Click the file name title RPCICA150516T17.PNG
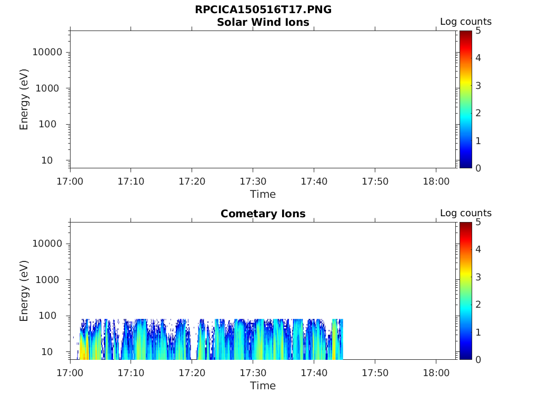[263, 9]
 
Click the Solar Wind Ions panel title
[263, 22]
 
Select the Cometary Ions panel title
[263, 214]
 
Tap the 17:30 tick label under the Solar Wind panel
[253, 181]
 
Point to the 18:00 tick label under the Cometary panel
[436, 372]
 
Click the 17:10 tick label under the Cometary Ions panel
[131, 372]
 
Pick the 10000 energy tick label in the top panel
[47, 52]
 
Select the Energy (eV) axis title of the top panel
[24, 99]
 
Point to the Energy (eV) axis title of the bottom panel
[24, 291]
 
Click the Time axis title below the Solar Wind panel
[263, 194]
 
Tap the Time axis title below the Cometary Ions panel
[263, 386]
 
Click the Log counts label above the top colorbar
[466, 22]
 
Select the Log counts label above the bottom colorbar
[466, 213]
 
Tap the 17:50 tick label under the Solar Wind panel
[375, 181]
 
